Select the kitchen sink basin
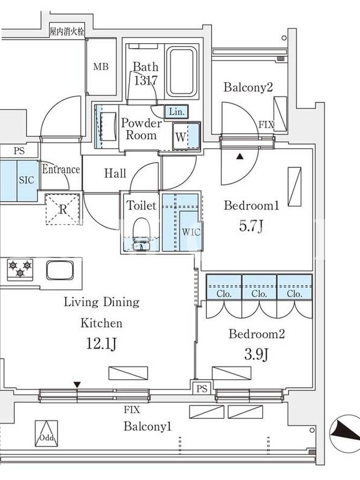(x=60, y=269)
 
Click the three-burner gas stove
(x=20, y=269)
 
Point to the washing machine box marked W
(x=187, y=137)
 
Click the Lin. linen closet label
(x=176, y=112)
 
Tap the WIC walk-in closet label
(x=191, y=232)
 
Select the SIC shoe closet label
(x=26, y=179)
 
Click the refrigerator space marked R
(x=62, y=209)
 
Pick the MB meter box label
(x=101, y=67)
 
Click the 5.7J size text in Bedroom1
(x=251, y=226)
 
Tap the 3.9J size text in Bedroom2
(x=256, y=355)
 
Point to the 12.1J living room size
(x=101, y=344)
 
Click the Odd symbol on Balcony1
(x=46, y=433)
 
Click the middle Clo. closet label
(x=259, y=294)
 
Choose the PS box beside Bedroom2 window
(x=202, y=388)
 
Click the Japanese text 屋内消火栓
(x=67, y=32)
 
